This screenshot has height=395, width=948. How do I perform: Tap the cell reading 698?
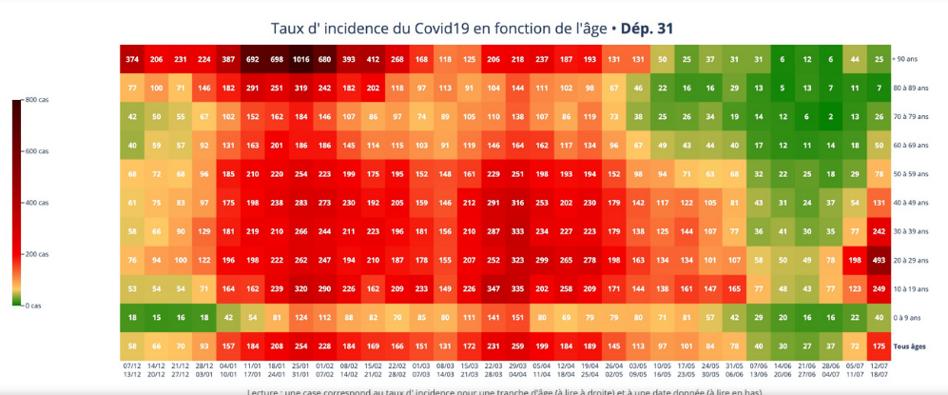(277, 59)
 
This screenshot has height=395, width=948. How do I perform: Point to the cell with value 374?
(132, 59)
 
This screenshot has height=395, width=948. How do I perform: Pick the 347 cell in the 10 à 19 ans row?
(493, 288)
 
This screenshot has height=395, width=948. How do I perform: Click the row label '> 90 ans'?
(909, 59)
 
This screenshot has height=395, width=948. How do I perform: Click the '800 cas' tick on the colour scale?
(39, 100)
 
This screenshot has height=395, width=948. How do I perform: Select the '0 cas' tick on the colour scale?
(34, 306)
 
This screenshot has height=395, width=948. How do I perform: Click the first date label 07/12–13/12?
(132, 369)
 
